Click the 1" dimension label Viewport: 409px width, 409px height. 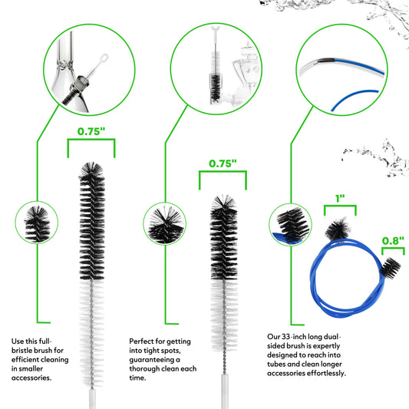340,199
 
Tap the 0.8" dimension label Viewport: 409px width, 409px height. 393,241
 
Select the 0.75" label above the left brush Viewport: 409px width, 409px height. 91,131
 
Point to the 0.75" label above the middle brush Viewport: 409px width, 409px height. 223,163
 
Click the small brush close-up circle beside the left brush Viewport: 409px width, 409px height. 37,223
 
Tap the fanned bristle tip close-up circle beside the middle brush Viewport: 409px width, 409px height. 164,224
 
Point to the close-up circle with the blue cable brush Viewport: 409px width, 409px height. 290,225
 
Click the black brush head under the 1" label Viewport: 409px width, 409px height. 338,229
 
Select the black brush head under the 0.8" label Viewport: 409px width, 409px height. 391,268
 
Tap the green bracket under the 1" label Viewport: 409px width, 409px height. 340,206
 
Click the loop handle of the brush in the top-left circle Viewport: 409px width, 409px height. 104,58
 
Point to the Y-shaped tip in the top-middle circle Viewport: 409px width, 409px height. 216,29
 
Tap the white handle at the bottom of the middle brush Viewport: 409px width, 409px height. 225,391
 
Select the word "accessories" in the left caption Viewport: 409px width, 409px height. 31,378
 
